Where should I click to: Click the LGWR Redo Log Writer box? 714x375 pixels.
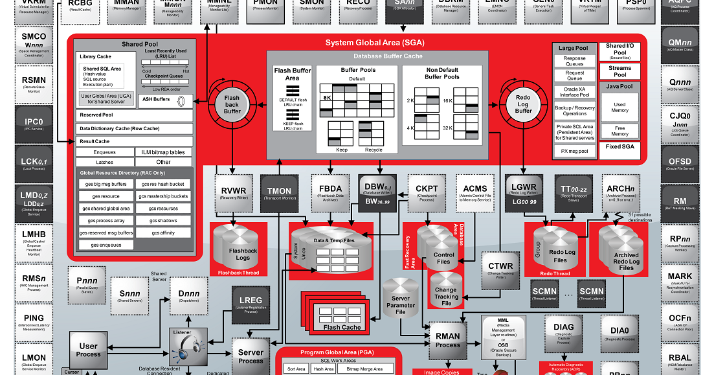click(x=523, y=192)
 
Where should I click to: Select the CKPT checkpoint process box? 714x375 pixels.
click(x=427, y=192)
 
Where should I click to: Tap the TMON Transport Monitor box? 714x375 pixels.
click(x=280, y=193)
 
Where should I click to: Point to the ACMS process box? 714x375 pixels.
click(x=475, y=192)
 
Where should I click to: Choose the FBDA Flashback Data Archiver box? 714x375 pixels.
click(x=330, y=192)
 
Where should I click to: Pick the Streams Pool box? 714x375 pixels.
click(x=619, y=71)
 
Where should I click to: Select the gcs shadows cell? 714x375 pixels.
click(x=164, y=220)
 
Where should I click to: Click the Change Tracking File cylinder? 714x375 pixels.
click(x=446, y=294)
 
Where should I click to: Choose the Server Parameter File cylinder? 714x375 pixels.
click(x=401, y=302)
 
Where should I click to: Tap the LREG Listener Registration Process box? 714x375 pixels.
click(x=251, y=304)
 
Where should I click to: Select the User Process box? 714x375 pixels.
click(x=89, y=350)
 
